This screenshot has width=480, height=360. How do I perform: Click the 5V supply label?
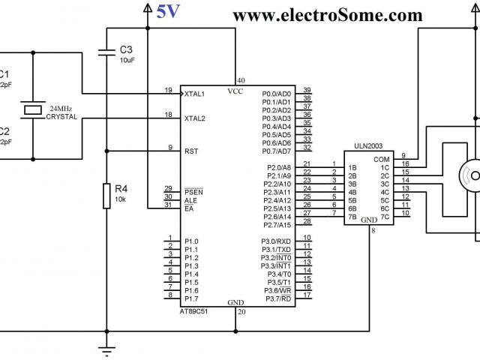[x=168, y=13]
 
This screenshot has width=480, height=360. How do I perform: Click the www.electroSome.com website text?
[x=328, y=15]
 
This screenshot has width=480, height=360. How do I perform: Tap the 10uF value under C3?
[x=128, y=59]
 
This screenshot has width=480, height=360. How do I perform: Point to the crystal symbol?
[x=33, y=110]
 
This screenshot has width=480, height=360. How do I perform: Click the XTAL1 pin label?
[x=194, y=94]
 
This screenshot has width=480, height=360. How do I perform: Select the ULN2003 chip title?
[x=370, y=146]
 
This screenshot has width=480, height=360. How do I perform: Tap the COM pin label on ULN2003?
[x=382, y=159]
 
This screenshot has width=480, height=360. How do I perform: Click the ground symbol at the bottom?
[x=107, y=349]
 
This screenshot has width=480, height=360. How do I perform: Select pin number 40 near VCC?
[x=241, y=80]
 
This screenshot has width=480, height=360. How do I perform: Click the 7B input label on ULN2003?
[x=351, y=217]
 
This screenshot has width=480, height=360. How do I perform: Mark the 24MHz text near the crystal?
[x=61, y=109]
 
